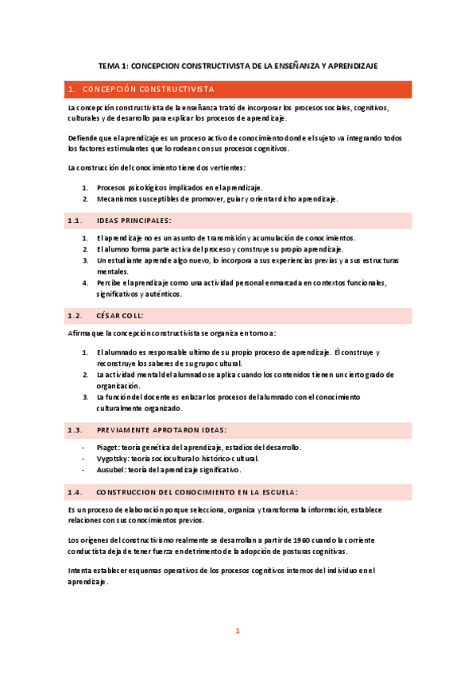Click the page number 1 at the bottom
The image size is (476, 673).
(237, 632)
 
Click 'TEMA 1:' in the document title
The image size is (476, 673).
(113, 67)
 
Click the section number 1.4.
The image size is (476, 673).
(76, 492)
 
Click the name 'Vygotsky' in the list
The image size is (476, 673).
(113, 459)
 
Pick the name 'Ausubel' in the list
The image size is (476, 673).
(111, 470)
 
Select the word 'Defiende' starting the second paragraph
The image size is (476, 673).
(83, 137)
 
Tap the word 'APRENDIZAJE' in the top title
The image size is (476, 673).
(354, 67)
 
